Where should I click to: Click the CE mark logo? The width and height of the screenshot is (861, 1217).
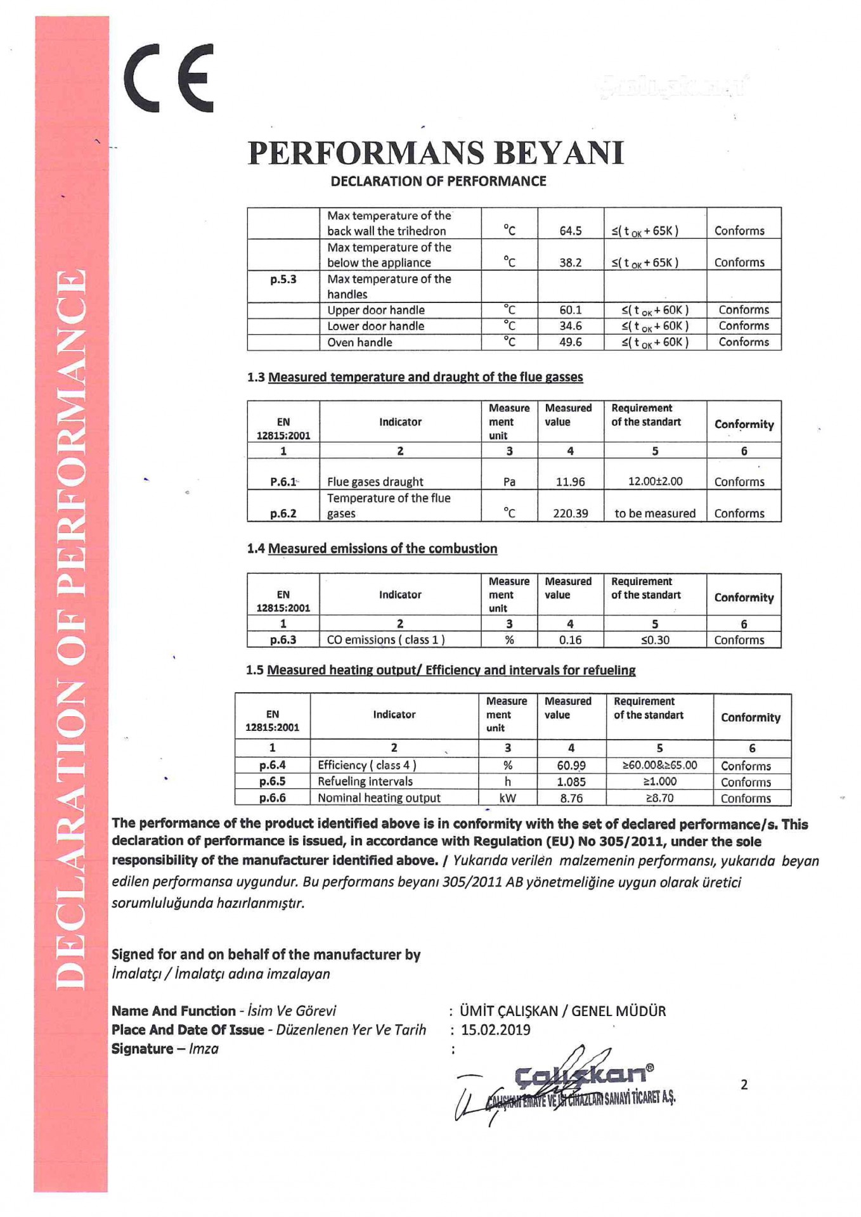(169, 78)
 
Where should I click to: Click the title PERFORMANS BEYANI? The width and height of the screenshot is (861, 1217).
(436, 153)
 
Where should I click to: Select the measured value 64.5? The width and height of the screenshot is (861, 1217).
(570, 231)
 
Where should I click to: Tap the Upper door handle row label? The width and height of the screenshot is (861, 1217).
(375, 310)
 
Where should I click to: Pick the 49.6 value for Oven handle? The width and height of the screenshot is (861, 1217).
(570, 342)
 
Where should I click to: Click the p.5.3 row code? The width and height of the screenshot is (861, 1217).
(283, 279)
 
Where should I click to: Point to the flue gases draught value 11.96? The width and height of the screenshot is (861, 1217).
(570, 482)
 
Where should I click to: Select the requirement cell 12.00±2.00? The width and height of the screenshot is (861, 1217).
(655, 481)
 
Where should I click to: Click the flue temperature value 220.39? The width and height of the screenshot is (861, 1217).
(570, 513)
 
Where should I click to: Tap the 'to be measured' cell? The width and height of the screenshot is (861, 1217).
(655, 513)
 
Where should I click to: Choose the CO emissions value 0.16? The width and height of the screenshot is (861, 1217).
(570, 640)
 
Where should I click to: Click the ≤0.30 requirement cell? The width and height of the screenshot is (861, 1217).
(655, 640)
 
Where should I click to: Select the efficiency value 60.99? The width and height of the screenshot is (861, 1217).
(571, 766)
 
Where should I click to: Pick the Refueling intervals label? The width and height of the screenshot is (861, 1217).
(365, 782)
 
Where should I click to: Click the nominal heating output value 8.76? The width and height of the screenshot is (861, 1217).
(571, 798)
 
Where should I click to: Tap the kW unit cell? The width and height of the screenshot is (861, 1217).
(507, 798)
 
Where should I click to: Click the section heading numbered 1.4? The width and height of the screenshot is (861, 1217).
(372, 549)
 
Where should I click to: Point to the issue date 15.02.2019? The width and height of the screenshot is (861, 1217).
(495, 1029)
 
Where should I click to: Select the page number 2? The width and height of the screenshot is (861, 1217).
(744, 1085)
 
